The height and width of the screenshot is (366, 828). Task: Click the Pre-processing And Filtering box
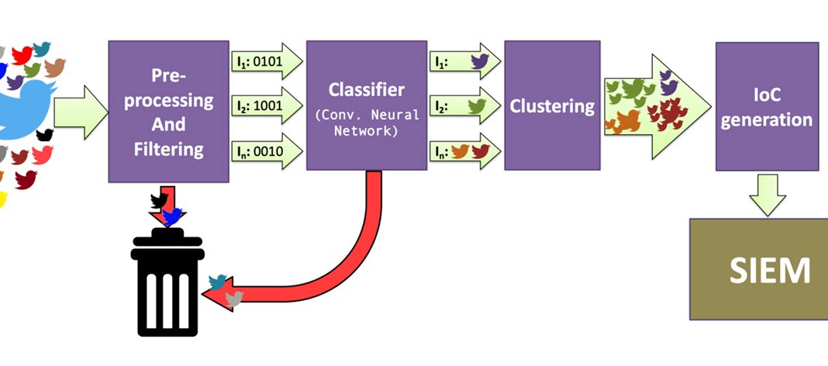[168, 110]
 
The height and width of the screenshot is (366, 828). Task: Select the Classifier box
[366, 105]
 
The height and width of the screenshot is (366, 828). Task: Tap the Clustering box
[551, 105]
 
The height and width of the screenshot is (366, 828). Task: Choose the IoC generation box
[766, 106]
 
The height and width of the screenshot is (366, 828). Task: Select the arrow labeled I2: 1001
[267, 105]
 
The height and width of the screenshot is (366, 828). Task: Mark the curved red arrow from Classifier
[341, 256]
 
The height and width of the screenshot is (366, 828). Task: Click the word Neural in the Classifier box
[401, 115]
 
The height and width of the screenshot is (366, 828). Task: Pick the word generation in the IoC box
[766, 120]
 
